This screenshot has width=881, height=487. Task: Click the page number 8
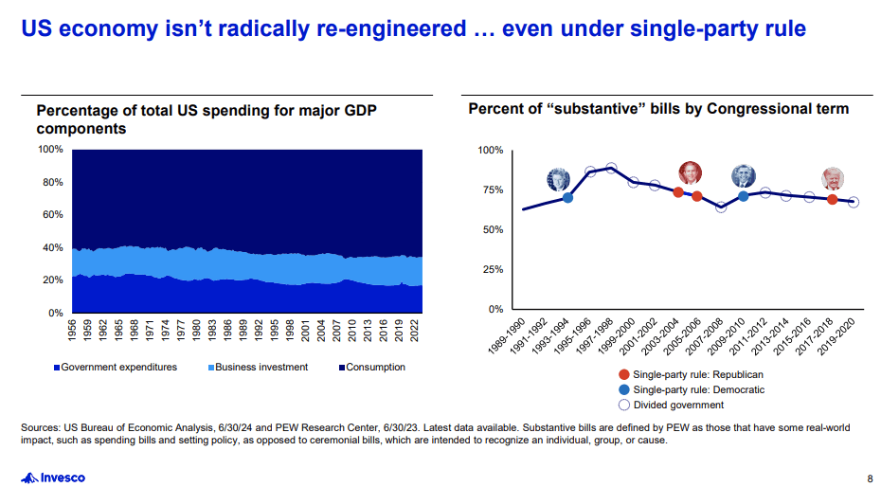coord(870,478)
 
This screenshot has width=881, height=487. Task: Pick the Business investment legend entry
coord(258,367)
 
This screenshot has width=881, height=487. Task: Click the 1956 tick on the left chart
coord(73,330)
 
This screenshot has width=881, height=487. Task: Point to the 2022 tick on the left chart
coord(414,330)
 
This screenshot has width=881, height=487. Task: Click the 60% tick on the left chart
coord(50,215)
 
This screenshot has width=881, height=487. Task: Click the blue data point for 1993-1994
coord(567,197)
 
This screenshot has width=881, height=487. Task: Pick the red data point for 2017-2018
coord(832,199)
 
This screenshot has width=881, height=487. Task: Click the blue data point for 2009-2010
coord(744,196)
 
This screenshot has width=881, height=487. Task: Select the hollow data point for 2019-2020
coord(854,202)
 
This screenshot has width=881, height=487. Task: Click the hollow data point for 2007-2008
coord(721,207)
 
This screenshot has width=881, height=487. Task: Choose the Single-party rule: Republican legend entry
coord(692,374)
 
